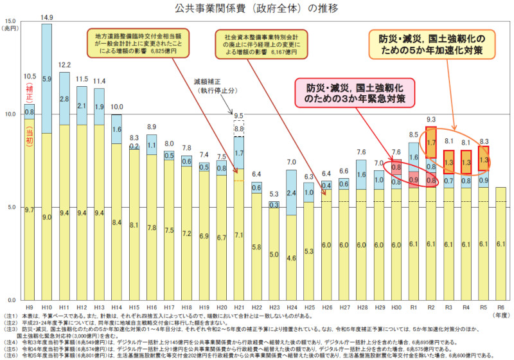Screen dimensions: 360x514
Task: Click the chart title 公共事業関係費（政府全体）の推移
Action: [x=256, y=8]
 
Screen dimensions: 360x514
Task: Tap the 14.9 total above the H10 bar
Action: [x=47, y=17]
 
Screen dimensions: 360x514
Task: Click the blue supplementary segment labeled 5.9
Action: [x=47, y=78]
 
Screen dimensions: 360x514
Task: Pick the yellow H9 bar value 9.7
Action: [x=29, y=210]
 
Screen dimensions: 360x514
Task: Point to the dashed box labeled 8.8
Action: [x=239, y=129]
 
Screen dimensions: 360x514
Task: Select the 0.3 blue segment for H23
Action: [x=274, y=205]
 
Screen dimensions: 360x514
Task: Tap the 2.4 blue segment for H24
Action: [x=292, y=192]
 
